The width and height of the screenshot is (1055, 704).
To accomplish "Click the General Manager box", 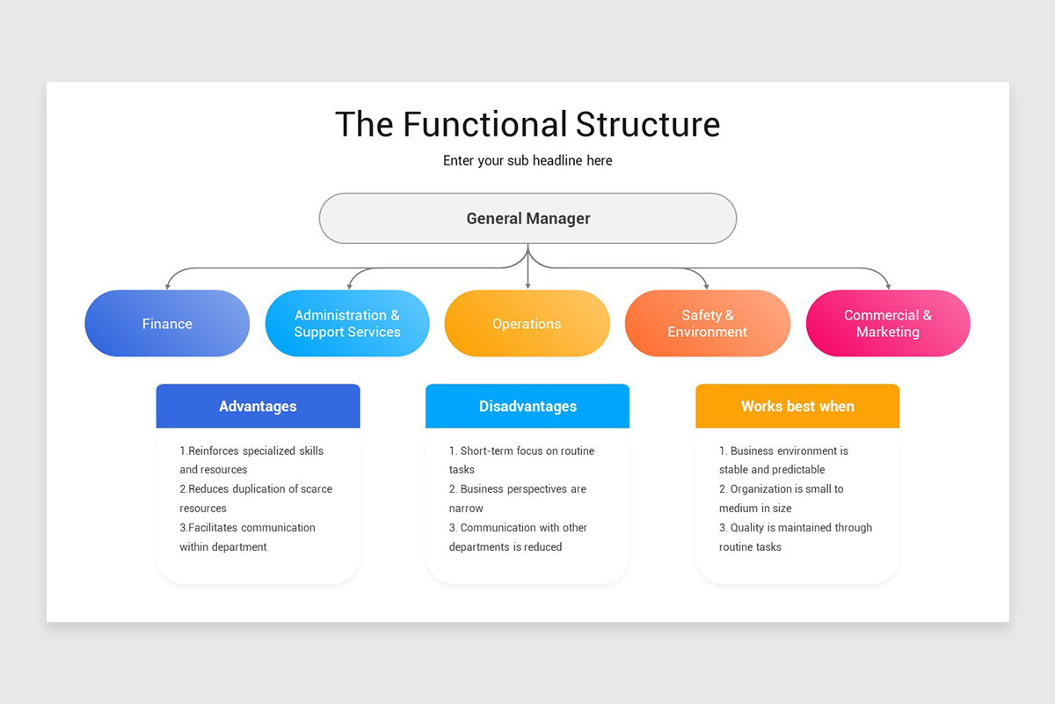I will click(x=527, y=218).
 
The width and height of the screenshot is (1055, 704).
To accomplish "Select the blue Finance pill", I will click(x=167, y=324).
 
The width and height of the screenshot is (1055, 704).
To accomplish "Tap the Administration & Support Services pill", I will click(x=347, y=324).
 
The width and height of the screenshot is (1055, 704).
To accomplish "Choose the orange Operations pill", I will click(x=527, y=324).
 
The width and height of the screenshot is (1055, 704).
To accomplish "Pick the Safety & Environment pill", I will click(x=707, y=324).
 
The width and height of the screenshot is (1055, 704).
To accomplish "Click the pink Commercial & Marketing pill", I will click(x=887, y=324).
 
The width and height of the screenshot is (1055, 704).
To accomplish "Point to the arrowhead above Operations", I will click(x=527, y=285).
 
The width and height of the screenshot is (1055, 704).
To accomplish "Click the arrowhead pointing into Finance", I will click(x=167, y=285).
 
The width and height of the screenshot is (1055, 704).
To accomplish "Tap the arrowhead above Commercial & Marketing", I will click(x=888, y=285).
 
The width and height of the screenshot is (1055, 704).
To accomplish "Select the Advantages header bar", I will click(x=258, y=407).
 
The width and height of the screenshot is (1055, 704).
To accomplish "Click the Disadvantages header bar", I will click(x=527, y=407).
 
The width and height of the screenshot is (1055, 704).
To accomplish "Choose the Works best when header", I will click(x=797, y=407).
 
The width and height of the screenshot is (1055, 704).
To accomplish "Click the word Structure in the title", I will click(x=648, y=124).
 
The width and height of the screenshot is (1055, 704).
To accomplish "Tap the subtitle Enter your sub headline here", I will click(x=527, y=161).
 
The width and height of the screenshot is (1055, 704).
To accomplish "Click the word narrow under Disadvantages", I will click(x=466, y=509).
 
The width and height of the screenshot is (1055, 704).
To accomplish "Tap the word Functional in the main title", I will click(x=486, y=124).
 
